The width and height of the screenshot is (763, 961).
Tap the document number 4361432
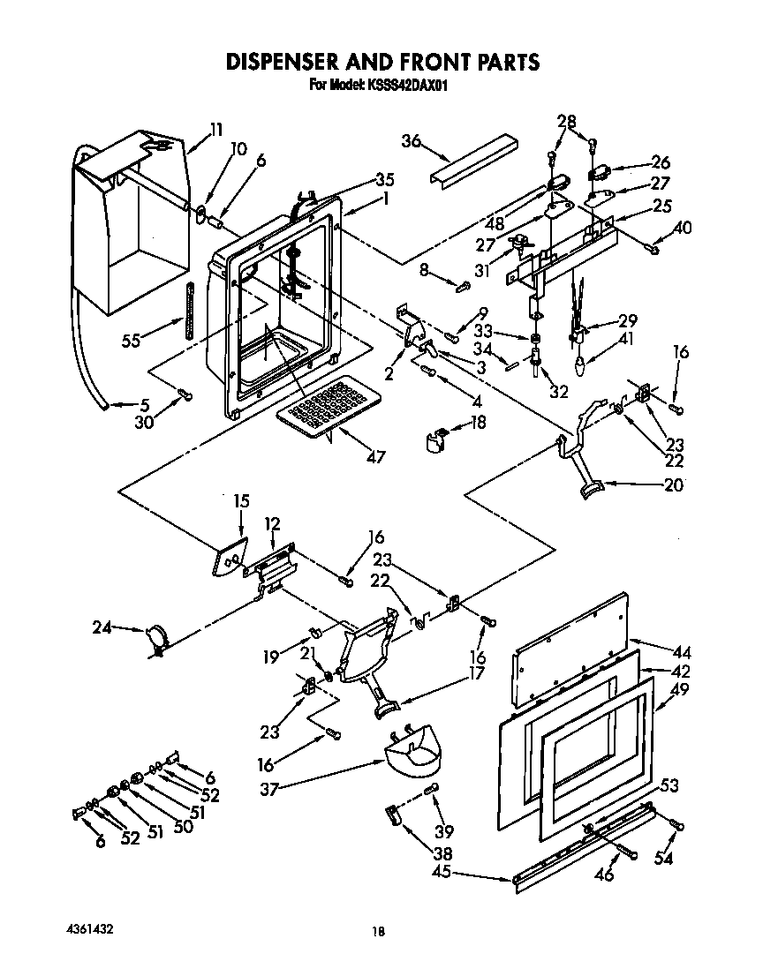pyautogui.click(x=89, y=930)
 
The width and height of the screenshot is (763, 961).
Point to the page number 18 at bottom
pyautogui.click(x=378, y=931)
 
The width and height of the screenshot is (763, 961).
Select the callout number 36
pyautogui.click(x=412, y=140)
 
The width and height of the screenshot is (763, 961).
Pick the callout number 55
pyautogui.click(x=131, y=341)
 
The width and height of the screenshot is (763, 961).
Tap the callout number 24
pyautogui.click(x=102, y=628)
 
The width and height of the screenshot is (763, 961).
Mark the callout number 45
pyautogui.click(x=442, y=873)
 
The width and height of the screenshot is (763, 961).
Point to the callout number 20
pyautogui.click(x=672, y=484)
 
